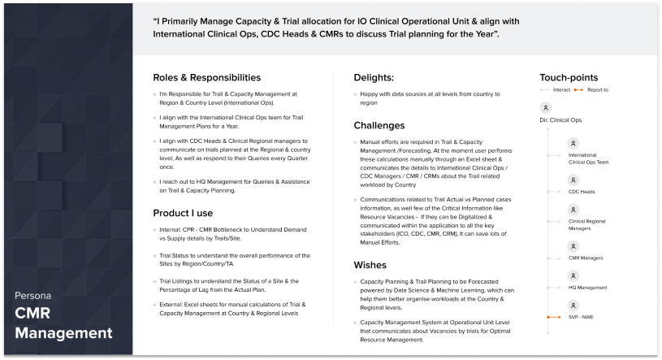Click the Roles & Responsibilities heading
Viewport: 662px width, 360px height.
coord(206,78)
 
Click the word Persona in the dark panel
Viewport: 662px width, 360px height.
coord(31,294)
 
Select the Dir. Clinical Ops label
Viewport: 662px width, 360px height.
coord(560,120)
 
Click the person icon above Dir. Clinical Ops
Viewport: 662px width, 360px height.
coord(545,107)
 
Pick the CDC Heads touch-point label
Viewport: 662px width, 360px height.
coord(582,192)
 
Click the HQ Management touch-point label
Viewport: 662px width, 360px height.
coord(586,287)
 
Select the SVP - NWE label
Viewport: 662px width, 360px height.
coord(581,316)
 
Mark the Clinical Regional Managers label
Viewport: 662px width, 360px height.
coord(587,223)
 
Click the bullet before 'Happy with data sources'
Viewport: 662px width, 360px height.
coord(357,94)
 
